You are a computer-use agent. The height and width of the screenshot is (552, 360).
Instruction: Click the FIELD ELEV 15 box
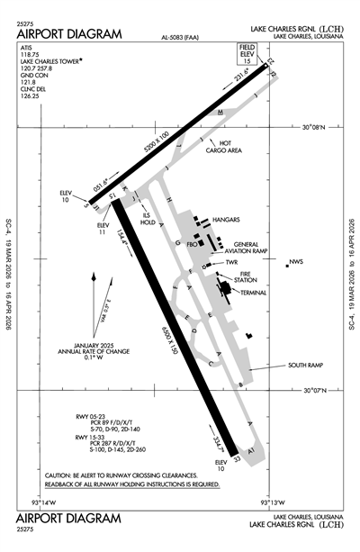click(246, 53)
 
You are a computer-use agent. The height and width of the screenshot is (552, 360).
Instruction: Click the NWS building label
click(296, 263)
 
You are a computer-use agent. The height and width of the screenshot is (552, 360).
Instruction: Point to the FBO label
click(192, 243)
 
